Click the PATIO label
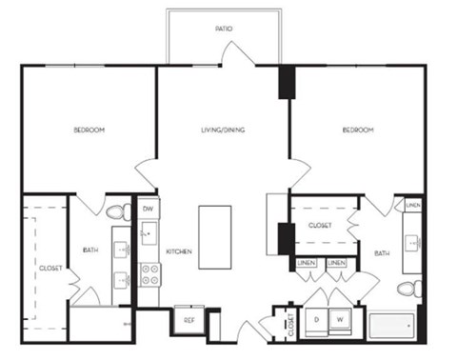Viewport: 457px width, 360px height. (224, 30)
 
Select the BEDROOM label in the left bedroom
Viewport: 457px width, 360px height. (89, 130)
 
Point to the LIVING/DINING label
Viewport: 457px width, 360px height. (224, 130)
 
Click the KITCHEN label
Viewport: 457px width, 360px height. (180, 251)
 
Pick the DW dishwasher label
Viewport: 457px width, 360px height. (149, 209)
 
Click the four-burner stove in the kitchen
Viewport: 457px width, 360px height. (150, 274)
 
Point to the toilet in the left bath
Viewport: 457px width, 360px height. (118, 211)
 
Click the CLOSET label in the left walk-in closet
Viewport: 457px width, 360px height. (50, 269)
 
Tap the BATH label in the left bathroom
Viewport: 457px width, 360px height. (90, 250)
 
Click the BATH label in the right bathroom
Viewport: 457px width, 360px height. (382, 253)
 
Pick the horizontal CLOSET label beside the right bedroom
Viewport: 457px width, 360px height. (320, 227)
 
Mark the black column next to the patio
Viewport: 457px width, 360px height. (284, 82)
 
